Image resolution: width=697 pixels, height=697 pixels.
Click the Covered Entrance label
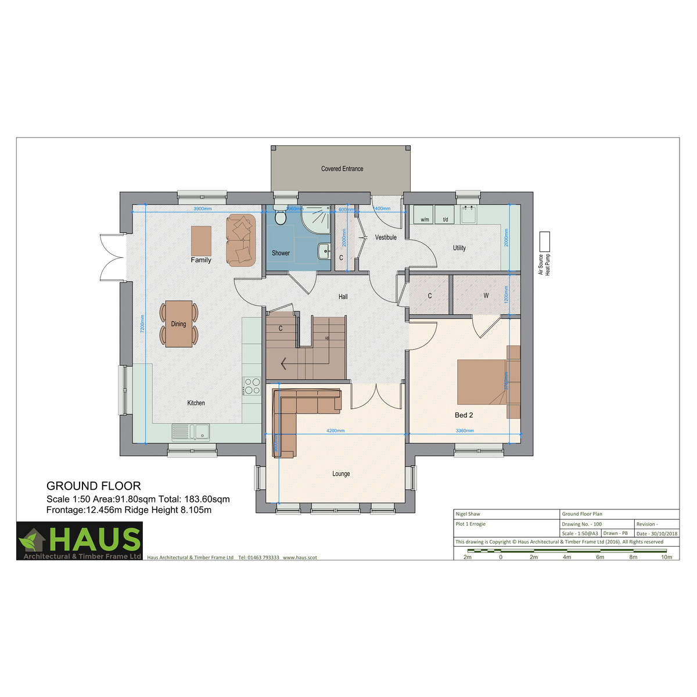(x=342, y=169)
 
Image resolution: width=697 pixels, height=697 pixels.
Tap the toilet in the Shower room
(x=281, y=217)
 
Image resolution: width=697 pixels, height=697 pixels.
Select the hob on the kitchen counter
(x=252, y=386)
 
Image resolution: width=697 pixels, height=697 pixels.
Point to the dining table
(x=178, y=324)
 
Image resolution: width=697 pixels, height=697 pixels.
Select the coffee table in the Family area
(x=201, y=240)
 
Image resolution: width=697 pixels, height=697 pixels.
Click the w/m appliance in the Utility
(x=425, y=214)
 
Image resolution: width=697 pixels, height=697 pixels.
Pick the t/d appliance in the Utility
(x=445, y=214)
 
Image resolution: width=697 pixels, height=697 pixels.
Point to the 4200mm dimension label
(x=335, y=431)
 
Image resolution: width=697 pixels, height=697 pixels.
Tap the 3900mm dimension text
(x=202, y=209)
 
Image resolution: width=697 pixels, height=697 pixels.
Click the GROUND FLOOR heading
(x=94, y=486)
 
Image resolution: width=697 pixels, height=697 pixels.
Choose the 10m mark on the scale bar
(x=666, y=557)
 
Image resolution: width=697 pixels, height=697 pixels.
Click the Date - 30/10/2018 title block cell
(x=656, y=533)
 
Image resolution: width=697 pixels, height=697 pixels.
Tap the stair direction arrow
(x=284, y=364)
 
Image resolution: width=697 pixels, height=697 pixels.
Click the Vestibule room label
(x=386, y=238)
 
